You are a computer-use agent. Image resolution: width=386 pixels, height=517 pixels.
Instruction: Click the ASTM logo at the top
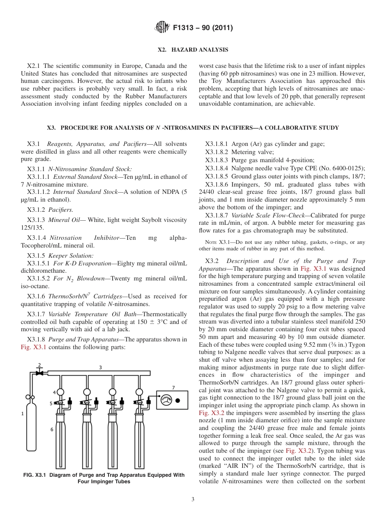tap(163, 28)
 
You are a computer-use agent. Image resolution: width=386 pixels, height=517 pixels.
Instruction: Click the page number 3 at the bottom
tap(193, 499)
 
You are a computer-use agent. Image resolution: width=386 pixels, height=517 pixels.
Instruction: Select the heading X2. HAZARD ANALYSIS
tap(193, 50)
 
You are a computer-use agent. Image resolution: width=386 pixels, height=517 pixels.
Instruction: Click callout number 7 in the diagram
tap(173, 387)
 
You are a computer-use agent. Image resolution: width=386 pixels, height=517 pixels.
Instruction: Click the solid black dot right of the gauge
tap(178, 400)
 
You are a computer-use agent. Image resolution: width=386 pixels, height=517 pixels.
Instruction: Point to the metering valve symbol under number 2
tap(39, 372)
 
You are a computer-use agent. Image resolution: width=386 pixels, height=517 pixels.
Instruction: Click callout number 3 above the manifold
tap(100, 367)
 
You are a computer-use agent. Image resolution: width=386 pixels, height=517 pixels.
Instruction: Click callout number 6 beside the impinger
tap(52, 429)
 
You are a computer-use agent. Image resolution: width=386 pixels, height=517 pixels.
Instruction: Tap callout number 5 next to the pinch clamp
tap(51, 403)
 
